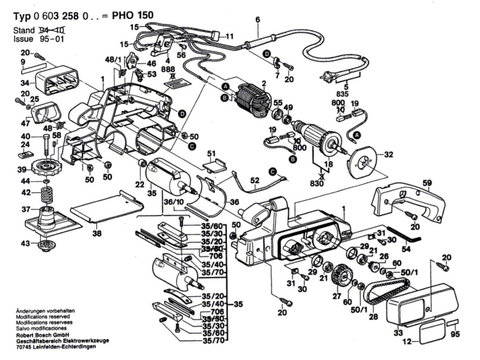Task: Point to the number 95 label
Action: coord(454,335)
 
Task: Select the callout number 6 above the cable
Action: coord(257,19)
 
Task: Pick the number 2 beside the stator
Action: coord(264,83)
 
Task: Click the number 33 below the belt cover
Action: coord(398,333)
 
